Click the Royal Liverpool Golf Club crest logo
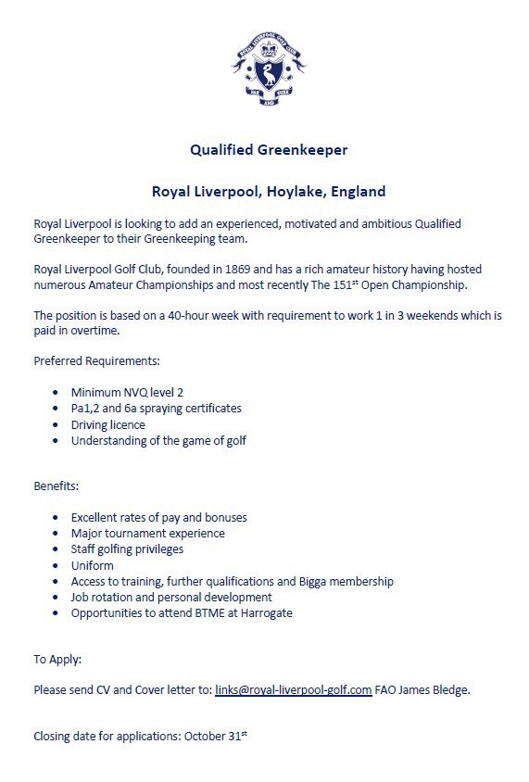(x=268, y=67)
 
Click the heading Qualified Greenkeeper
(x=269, y=148)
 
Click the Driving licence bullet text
(x=108, y=424)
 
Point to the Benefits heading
(x=57, y=486)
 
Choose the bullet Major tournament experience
(x=147, y=533)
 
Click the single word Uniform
(x=93, y=565)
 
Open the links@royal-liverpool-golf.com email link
(x=293, y=690)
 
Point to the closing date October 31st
(x=216, y=737)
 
